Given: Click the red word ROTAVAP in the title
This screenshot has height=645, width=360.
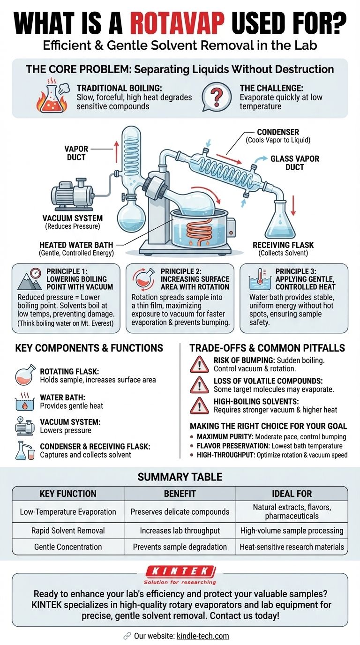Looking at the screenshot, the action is [x=177, y=23].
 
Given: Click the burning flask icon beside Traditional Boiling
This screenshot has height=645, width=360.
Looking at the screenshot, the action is [x=52, y=95].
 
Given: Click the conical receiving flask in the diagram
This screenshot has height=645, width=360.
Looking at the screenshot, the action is [x=280, y=221].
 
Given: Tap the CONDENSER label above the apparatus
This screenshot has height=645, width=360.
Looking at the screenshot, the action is [x=278, y=132].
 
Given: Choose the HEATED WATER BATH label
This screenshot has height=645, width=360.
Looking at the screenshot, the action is [x=76, y=245].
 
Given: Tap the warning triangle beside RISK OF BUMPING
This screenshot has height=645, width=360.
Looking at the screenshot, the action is [x=199, y=364].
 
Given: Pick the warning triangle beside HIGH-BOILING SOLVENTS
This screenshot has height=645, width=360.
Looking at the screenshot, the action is [x=199, y=405].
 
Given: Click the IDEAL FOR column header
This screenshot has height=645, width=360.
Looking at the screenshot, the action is [x=292, y=494].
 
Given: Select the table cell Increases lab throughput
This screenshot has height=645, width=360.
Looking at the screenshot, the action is [x=180, y=531].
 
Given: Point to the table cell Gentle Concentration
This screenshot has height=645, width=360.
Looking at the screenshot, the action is [x=68, y=547].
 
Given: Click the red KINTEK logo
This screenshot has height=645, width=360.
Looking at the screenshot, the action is [x=180, y=571].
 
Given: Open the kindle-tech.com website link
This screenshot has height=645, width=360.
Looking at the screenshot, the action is [x=203, y=636].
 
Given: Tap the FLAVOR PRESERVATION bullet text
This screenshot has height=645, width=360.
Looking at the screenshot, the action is [x=270, y=446].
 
